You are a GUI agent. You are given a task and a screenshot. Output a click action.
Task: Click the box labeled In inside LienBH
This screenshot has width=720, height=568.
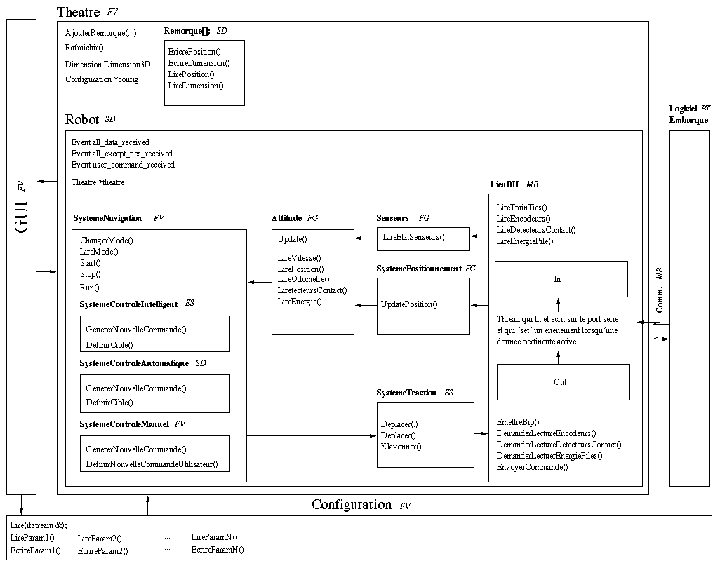(x=561, y=279)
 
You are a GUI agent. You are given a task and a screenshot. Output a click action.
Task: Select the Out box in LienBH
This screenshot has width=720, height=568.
(x=563, y=382)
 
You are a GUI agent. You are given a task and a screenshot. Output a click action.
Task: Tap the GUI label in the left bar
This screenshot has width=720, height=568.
(x=21, y=217)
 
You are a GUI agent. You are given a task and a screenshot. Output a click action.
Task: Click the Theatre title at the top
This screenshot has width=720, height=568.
(x=78, y=12)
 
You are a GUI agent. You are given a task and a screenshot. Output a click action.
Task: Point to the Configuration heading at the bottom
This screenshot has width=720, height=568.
(x=352, y=504)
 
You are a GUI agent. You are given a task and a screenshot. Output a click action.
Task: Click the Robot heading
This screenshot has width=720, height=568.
(x=82, y=119)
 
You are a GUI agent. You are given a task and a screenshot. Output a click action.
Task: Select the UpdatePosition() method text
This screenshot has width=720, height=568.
(x=409, y=304)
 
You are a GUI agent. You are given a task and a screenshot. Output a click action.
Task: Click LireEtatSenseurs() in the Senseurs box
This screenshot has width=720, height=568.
(x=413, y=237)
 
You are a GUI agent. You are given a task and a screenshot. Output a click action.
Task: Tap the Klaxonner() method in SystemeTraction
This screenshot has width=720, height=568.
(x=401, y=447)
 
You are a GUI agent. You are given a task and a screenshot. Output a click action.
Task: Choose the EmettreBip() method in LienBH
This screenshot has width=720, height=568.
(x=517, y=422)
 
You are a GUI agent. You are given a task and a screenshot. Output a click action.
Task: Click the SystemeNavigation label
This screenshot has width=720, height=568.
(x=107, y=218)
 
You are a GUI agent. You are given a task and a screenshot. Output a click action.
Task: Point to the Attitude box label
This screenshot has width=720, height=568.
(x=286, y=218)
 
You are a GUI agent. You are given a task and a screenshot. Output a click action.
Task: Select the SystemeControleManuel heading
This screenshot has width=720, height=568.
(x=124, y=424)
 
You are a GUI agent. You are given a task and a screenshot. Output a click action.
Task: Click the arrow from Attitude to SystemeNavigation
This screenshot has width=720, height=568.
(x=260, y=282)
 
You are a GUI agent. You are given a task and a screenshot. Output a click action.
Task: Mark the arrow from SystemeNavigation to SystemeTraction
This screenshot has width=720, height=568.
(x=312, y=435)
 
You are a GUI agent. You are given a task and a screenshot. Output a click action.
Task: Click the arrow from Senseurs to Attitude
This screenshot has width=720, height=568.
(x=366, y=238)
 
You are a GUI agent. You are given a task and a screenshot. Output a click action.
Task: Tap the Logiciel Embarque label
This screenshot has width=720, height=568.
(x=688, y=114)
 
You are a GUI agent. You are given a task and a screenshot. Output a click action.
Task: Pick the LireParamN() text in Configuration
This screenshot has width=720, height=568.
(x=214, y=537)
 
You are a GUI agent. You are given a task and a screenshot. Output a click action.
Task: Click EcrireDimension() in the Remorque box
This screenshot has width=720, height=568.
(x=199, y=63)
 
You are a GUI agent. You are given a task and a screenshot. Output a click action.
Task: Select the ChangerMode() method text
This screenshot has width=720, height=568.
(x=107, y=241)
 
